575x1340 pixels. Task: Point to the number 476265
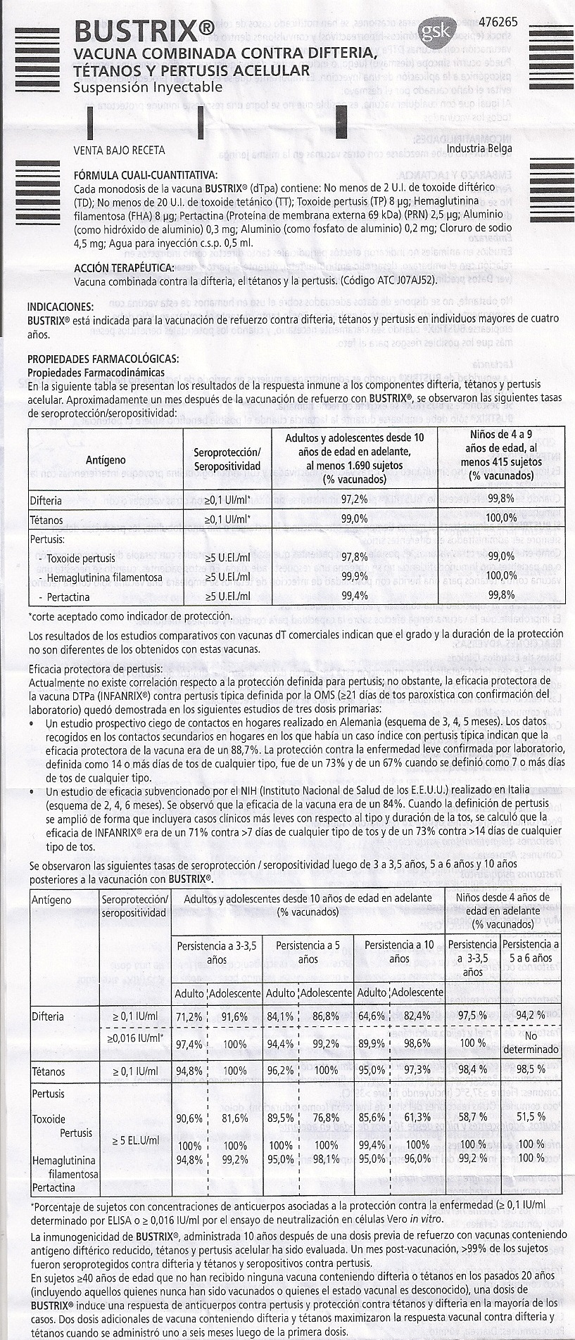click(496, 22)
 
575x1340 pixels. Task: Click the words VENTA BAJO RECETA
click(119, 150)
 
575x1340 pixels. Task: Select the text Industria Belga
click(479, 148)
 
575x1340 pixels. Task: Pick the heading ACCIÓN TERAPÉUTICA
click(124, 268)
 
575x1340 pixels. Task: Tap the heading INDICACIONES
click(59, 307)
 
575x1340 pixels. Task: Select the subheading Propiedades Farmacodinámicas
click(96, 371)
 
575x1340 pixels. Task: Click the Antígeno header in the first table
click(106, 459)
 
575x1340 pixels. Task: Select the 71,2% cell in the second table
click(189, 1016)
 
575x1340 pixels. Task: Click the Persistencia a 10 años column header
click(399, 952)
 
